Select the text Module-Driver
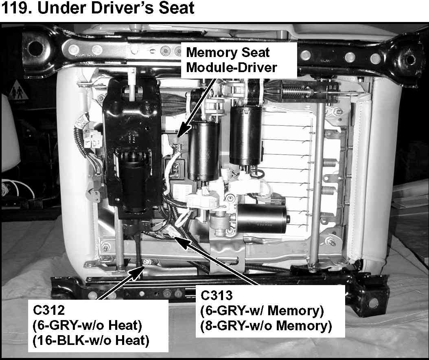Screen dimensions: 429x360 point(232,67)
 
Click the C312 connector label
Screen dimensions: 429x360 point(49,310)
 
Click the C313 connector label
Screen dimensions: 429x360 point(217,295)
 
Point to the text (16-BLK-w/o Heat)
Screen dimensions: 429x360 point(91,340)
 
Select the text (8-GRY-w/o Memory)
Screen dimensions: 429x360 point(266,326)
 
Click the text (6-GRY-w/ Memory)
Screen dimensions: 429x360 point(262,311)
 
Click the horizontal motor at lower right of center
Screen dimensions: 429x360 point(261,218)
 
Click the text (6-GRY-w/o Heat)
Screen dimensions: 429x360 point(87,325)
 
